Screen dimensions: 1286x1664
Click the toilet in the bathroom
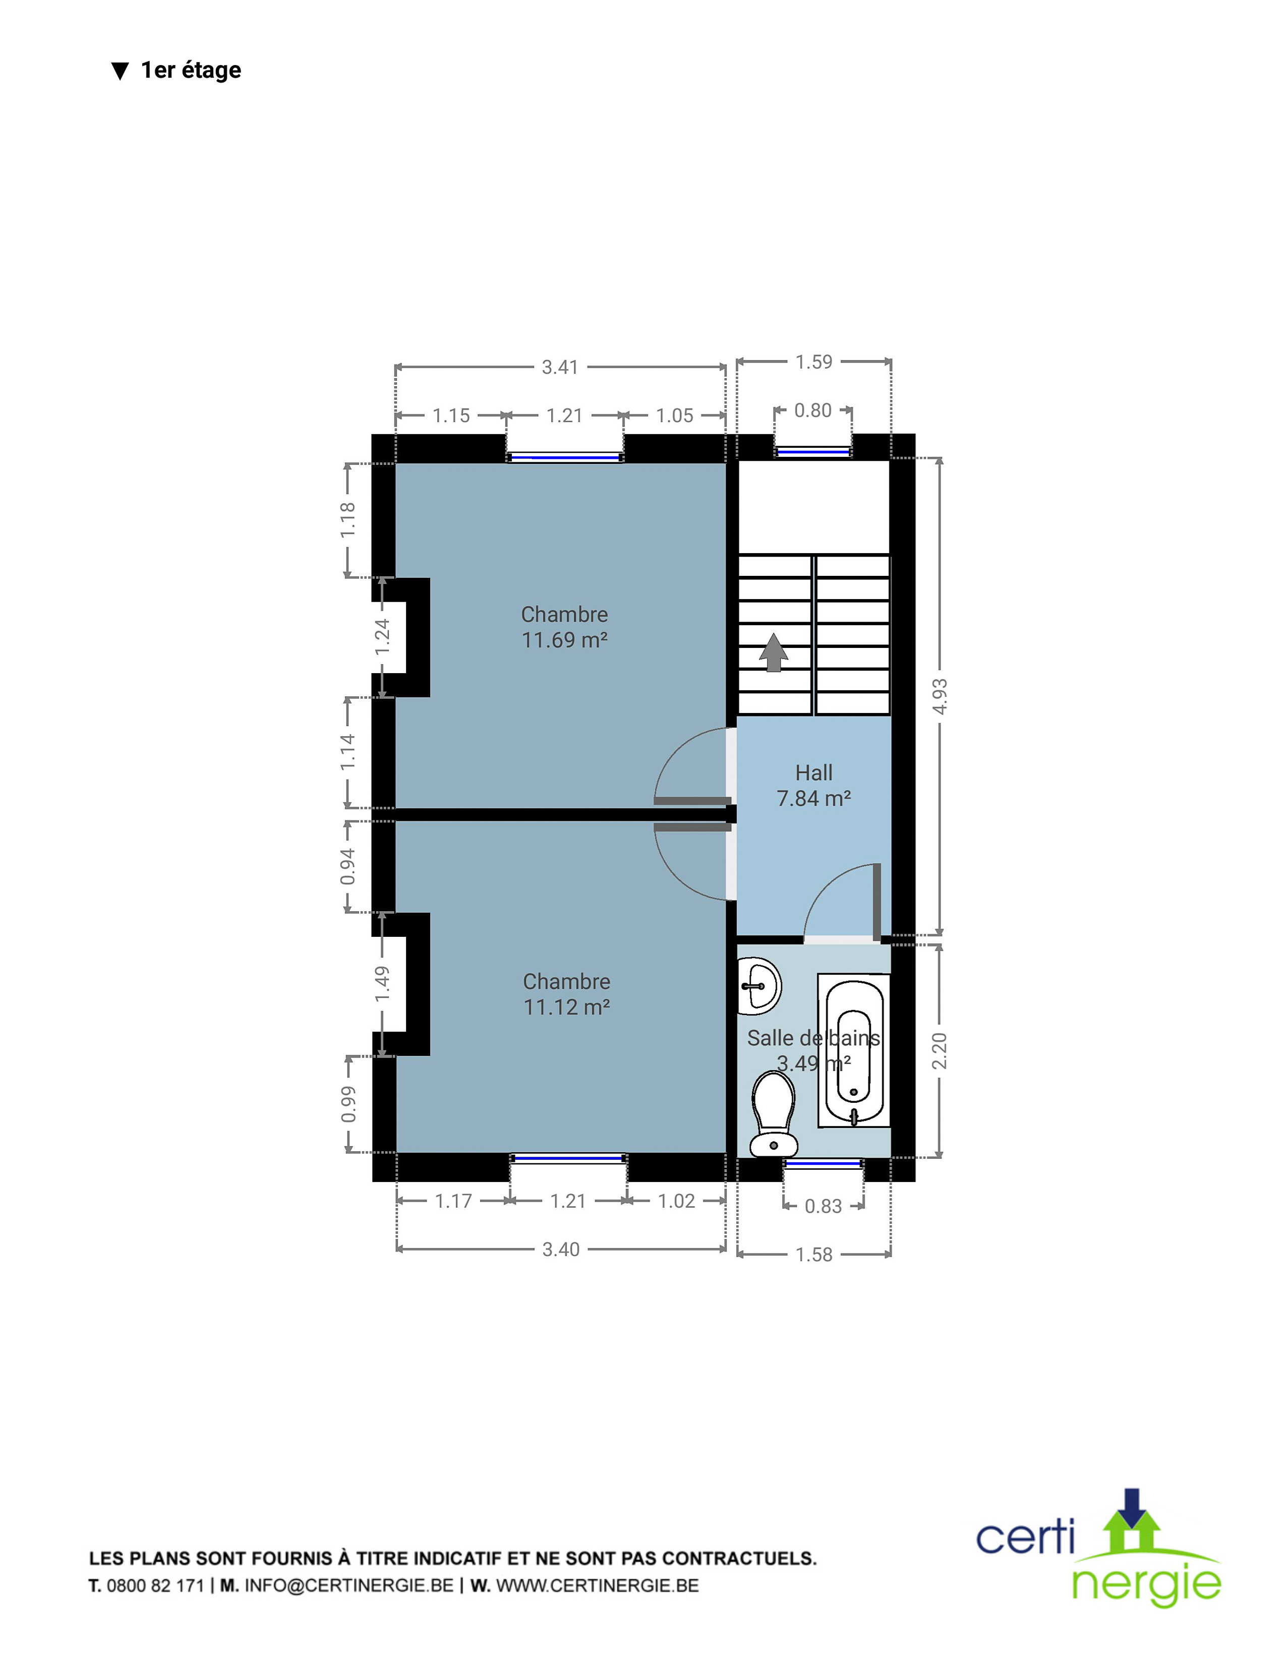pyautogui.click(x=773, y=1114)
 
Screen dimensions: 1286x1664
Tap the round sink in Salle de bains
pyautogui.click(x=759, y=986)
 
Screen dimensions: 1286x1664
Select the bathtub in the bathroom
pyautogui.click(x=854, y=1050)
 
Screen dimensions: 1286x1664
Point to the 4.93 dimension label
pyautogui.click(x=940, y=696)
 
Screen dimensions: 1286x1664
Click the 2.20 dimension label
pyautogui.click(x=940, y=1051)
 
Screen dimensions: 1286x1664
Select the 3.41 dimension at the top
pyautogui.click(x=560, y=367)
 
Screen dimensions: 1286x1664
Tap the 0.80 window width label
pyautogui.click(x=813, y=410)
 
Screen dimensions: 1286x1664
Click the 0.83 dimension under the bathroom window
pyautogui.click(x=824, y=1206)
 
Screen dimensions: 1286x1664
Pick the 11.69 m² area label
pyautogui.click(x=564, y=640)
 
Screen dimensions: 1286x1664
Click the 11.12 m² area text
pyautogui.click(x=567, y=1007)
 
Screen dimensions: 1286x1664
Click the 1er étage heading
pyautogui.click(x=191, y=70)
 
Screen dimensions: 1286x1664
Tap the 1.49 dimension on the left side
pyautogui.click(x=382, y=984)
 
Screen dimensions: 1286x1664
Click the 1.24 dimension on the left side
pyautogui.click(x=382, y=636)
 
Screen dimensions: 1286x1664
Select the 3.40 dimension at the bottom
pyautogui.click(x=561, y=1250)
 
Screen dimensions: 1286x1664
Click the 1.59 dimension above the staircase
pyautogui.click(x=813, y=362)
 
